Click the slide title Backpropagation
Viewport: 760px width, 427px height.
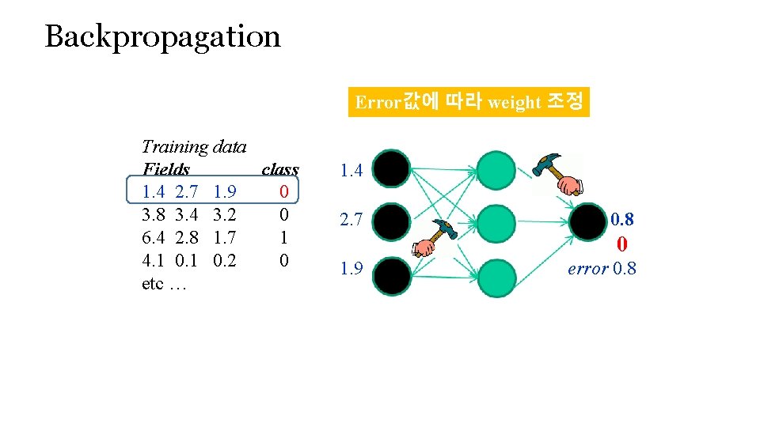click(162, 36)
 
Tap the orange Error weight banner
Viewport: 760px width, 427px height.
click(469, 101)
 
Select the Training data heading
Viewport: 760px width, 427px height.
click(194, 146)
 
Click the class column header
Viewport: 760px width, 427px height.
click(279, 169)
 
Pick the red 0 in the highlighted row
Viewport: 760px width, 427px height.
click(283, 191)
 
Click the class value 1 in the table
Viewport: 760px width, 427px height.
click(283, 237)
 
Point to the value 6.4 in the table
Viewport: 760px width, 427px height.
click(153, 237)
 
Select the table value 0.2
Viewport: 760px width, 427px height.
click(225, 260)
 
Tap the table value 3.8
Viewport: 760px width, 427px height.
click(153, 214)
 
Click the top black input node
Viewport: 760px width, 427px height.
click(392, 169)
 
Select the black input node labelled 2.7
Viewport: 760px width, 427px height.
click(392, 221)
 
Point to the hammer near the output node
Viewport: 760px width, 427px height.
click(558, 172)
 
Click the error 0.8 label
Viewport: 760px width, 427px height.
click(602, 269)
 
